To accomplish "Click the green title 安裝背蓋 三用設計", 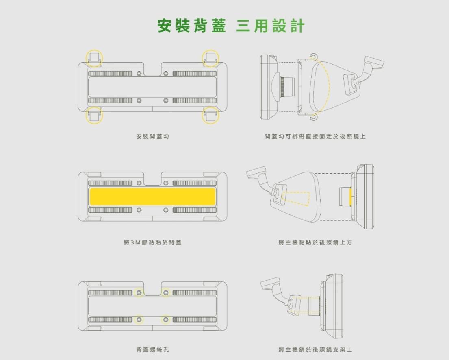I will point(230,26).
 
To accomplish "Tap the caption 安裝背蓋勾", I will point(152,136).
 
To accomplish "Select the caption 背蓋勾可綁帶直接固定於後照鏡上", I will point(315,136).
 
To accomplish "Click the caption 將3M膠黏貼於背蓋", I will point(152,242).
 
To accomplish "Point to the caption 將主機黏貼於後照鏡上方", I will point(315,242).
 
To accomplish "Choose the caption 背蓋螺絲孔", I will point(152,350).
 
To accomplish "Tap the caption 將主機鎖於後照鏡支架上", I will point(315,350).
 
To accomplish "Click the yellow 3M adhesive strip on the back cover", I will point(152,196).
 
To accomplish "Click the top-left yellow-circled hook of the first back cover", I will point(94,59).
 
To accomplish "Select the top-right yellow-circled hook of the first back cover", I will point(210,59).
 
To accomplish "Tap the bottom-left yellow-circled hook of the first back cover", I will point(94,116).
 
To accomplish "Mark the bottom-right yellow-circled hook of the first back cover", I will point(210,116).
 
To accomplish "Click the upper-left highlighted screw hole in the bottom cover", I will point(139,293).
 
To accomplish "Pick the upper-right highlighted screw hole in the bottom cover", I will point(166,293).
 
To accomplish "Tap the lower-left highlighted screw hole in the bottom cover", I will point(139,320).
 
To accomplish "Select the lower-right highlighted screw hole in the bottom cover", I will point(166,320).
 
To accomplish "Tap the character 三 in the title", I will point(243,26).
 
